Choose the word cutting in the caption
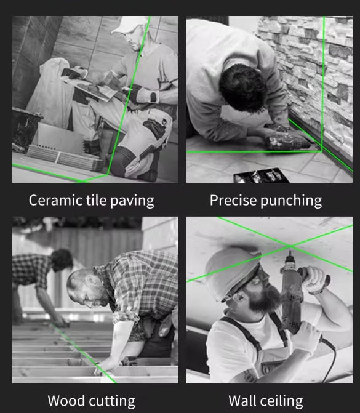point(111,401)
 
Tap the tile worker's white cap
point(128,25)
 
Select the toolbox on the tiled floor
point(261,175)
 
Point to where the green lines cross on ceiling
point(290,246)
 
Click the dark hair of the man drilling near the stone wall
point(242,87)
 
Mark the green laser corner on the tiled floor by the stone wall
point(321,151)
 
